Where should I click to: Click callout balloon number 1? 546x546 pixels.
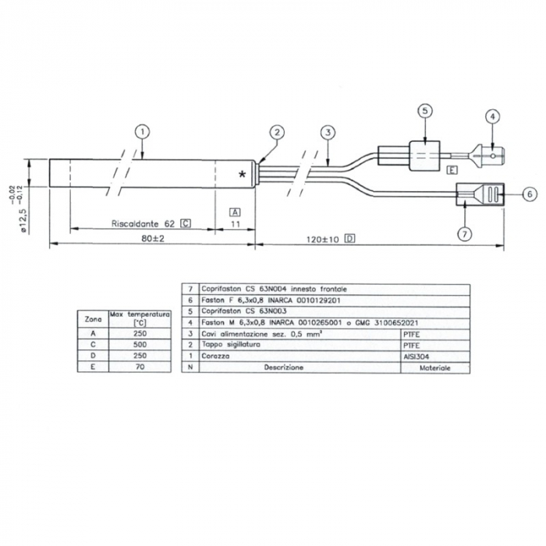click(x=141, y=131)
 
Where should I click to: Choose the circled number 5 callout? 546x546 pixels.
click(x=424, y=111)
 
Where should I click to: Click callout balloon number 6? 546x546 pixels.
click(x=527, y=193)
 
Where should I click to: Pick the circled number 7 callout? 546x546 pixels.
click(x=465, y=233)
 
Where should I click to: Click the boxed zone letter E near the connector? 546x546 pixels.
click(x=451, y=169)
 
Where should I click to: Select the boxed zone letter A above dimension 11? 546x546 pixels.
click(x=235, y=211)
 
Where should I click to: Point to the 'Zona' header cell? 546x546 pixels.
click(x=92, y=319)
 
